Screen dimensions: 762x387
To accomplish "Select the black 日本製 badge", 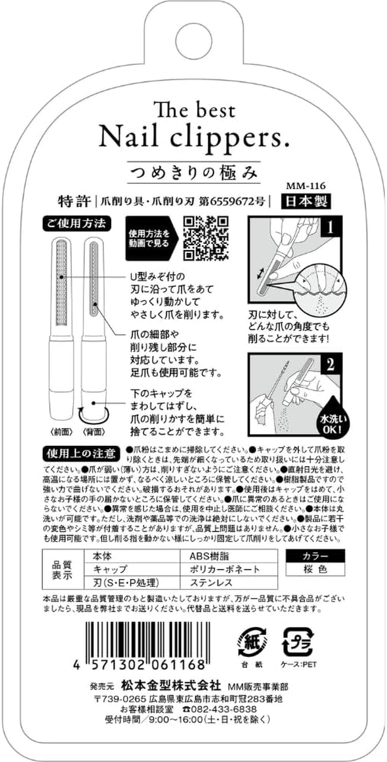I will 306,201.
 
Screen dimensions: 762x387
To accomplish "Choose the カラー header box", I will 315,556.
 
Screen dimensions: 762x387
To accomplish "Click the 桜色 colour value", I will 315,569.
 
